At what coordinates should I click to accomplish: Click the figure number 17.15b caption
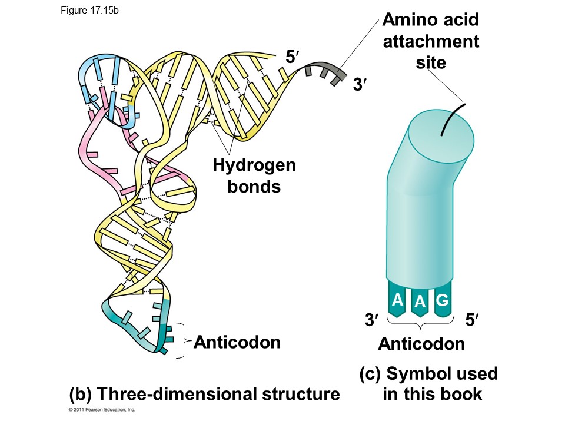[90, 10]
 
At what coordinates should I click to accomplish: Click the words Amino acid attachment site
[431, 41]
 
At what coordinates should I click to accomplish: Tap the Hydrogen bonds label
[254, 175]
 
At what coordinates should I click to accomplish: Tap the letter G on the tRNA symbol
[443, 300]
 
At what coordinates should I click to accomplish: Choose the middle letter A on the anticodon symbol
[420, 303]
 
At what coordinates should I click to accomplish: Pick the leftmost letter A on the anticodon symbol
[397, 300]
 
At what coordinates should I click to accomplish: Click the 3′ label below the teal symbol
[371, 321]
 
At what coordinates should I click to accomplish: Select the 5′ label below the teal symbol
[472, 321]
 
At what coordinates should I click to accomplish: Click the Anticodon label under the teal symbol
[421, 344]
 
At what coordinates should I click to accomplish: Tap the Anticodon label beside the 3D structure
[237, 342]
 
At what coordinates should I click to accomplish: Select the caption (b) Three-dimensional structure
[204, 393]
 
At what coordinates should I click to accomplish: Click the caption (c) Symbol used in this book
[429, 383]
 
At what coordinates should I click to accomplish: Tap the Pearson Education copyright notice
[102, 409]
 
